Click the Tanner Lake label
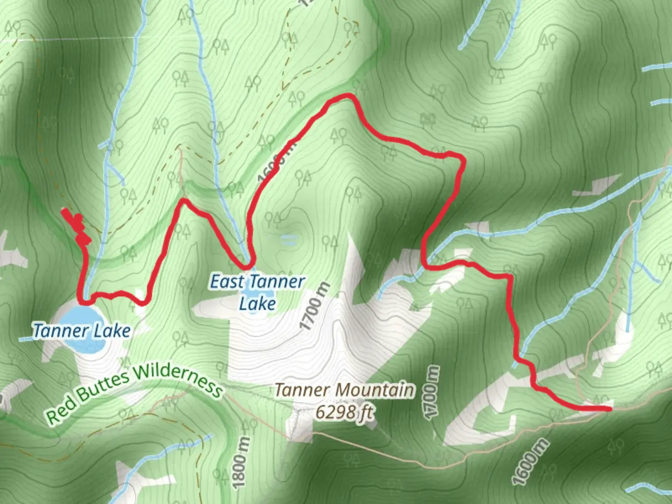pyautogui.click(x=82, y=331)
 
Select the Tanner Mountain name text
pyautogui.click(x=344, y=390)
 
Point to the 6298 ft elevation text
pyautogui.click(x=344, y=412)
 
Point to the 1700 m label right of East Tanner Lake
pyautogui.click(x=315, y=307)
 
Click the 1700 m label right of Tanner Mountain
pyautogui.click(x=432, y=392)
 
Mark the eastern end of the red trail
pyautogui.click(x=609, y=409)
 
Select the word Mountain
pyautogui.click(x=376, y=390)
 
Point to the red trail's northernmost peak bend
pyautogui.click(x=346, y=97)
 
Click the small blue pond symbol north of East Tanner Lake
pyautogui.click(x=289, y=240)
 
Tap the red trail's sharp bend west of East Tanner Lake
pyautogui.click(x=184, y=201)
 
